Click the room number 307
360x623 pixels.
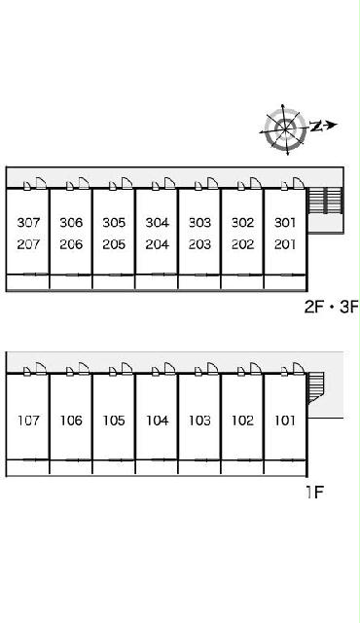point(28,222)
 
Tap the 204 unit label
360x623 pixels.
point(158,244)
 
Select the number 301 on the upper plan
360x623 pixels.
point(285,222)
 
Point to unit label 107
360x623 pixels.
point(28,421)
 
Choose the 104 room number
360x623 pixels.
point(158,421)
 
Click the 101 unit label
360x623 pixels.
point(285,421)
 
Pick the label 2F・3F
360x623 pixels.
point(332,307)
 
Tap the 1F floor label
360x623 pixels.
point(314,493)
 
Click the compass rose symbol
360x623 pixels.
point(285,128)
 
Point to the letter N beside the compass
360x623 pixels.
point(316,126)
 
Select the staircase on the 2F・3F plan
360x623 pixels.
point(325,201)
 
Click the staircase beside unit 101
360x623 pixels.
point(316,387)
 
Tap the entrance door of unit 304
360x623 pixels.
point(170,183)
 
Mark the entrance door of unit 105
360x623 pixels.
point(127,368)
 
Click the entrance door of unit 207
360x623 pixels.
point(41,183)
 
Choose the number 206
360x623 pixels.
point(71,244)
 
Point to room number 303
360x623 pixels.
point(199,222)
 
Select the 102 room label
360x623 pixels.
point(242,421)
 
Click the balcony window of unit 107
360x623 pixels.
point(36,460)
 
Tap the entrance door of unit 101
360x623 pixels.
point(299,368)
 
